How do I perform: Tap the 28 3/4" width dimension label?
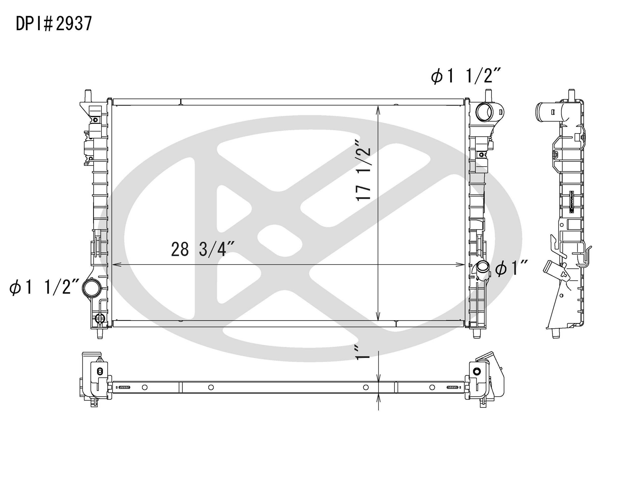[202, 249]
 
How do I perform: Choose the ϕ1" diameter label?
[511, 268]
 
